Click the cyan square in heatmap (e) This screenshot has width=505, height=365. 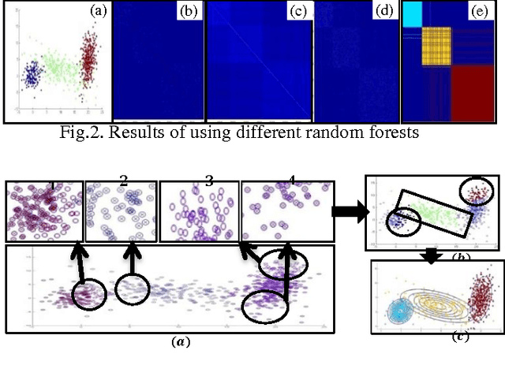pyautogui.click(x=412, y=14)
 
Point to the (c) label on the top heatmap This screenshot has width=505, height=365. pyautogui.click(x=297, y=11)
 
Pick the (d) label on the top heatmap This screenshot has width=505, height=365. pyautogui.click(x=384, y=11)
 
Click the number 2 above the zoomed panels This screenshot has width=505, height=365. pyautogui.click(x=123, y=181)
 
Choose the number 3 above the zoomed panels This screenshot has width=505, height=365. pyautogui.click(x=208, y=181)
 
